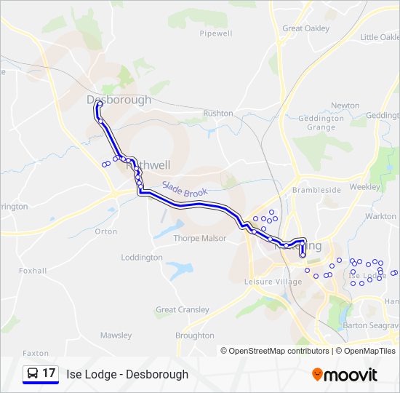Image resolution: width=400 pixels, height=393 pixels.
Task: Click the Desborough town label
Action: pos(119,100)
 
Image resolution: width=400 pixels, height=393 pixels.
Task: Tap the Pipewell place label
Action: pos(215,33)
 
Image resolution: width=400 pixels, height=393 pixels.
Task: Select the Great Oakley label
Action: pos(305,28)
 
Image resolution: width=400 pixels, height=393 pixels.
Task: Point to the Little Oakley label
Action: pos(380,37)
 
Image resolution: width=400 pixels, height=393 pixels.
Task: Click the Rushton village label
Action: pos(218,114)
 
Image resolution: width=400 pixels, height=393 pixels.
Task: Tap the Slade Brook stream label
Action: pos(185,191)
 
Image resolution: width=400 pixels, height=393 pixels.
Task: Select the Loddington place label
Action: pos(142,258)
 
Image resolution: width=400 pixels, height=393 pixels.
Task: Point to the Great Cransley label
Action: pos(183,309)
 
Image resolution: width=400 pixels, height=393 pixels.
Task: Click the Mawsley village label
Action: pos(116,336)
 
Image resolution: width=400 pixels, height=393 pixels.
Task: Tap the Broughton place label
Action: pos(195,336)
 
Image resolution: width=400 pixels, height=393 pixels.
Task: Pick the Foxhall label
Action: pos(33,271)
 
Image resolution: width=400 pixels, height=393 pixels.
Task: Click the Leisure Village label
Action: pos(273,282)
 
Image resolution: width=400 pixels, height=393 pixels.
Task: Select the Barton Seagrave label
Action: pos(371,325)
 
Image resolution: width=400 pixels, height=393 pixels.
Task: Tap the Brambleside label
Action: pos(316,190)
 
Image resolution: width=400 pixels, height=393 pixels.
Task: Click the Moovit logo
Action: pos(345,375)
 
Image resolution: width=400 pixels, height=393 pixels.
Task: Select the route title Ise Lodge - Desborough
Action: pos(127,374)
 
